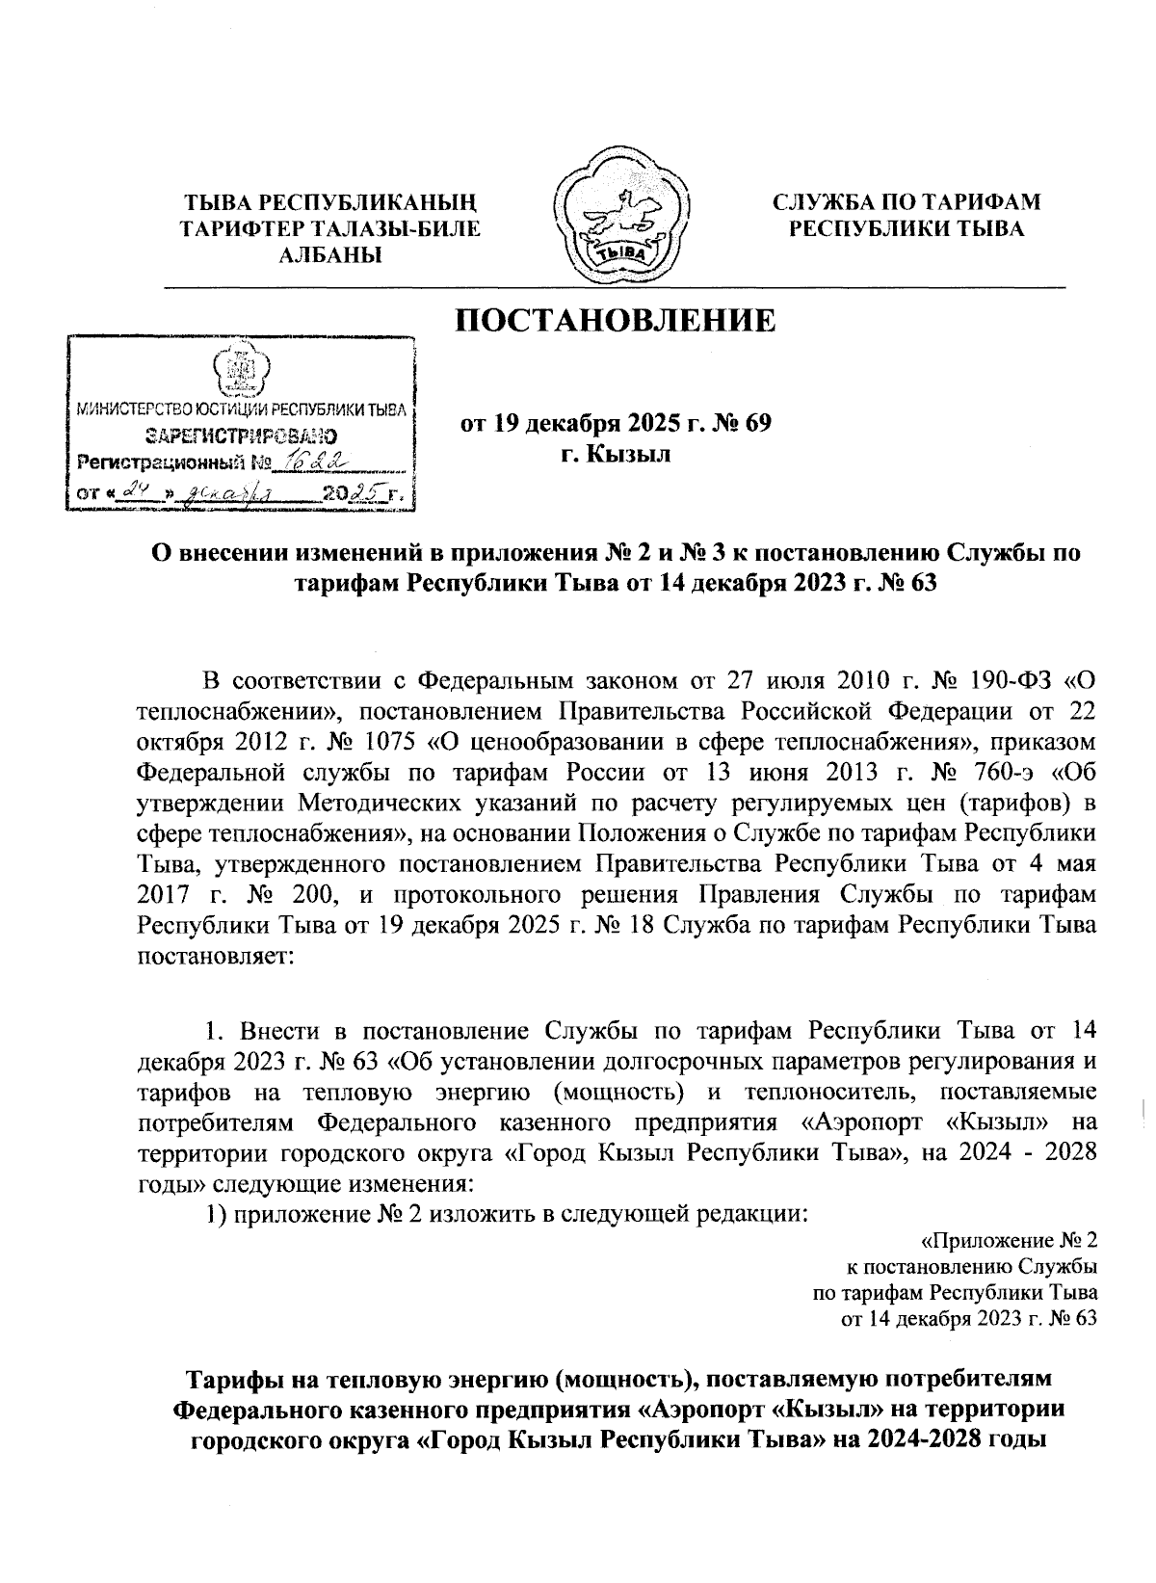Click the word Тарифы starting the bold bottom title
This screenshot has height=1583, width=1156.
coord(226,1377)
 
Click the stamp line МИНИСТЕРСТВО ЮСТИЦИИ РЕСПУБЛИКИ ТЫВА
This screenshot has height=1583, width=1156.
coord(241,410)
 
